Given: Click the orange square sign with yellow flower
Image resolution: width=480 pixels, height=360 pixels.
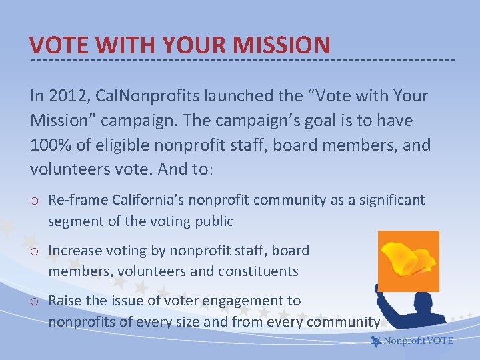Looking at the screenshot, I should click(x=408, y=261).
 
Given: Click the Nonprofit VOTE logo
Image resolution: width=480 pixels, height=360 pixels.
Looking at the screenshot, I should click(x=412, y=341).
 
